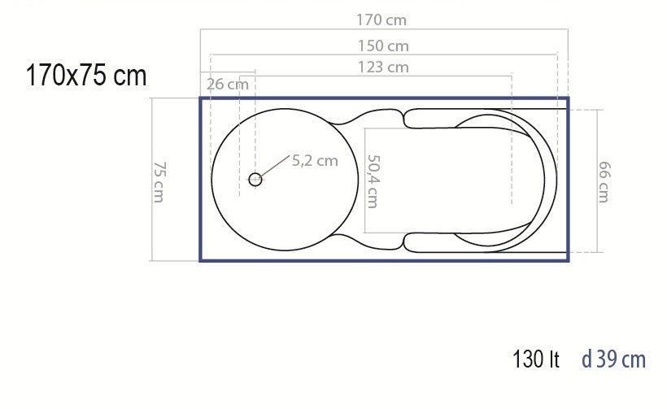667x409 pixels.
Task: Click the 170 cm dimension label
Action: (x=381, y=20)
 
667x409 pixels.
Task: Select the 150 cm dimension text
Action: (x=383, y=46)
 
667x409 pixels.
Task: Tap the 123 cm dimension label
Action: (x=383, y=67)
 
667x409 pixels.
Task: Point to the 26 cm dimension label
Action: (x=228, y=85)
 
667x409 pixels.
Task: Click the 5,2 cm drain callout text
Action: (x=315, y=161)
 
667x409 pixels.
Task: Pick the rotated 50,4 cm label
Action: (x=373, y=181)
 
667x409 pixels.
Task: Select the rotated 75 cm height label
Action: (x=159, y=181)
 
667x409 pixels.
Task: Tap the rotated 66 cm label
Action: (x=604, y=181)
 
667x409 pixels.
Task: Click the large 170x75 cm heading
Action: (x=86, y=76)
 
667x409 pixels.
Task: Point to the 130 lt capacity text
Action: (x=536, y=359)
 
